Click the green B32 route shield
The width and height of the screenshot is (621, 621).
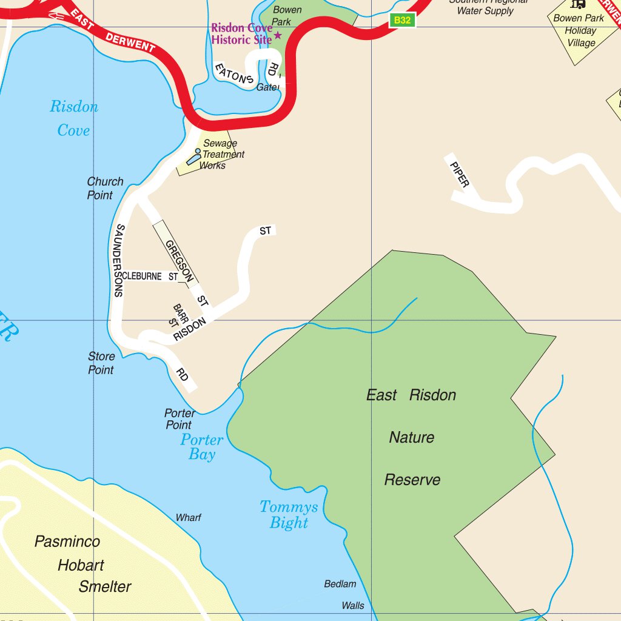click(402, 20)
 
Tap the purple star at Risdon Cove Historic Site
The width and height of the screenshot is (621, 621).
click(278, 35)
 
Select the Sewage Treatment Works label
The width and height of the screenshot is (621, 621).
click(221, 155)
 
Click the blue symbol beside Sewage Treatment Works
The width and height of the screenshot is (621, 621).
click(193, 157)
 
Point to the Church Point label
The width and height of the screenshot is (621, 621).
click(104, 188)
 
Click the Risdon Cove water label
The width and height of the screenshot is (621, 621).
click(73, 118)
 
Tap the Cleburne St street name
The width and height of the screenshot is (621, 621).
click(150, 277)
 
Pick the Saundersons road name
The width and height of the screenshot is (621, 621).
click(119, 260)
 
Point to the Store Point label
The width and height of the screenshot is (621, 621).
click(101, 363)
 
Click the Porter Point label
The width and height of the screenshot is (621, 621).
click(180, 419)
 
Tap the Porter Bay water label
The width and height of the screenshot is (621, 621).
click(202, 447)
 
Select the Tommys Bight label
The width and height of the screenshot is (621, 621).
click(289, 514)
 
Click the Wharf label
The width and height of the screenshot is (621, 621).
click(188, 518)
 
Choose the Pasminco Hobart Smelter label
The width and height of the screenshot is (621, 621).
click(82, 565)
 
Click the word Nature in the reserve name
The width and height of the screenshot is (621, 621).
click(412, 437)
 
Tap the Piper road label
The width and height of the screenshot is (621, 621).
click(459, 172)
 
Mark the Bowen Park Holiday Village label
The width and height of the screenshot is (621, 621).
click(579, 30)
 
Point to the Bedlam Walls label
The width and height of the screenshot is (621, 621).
click(343, 594)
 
